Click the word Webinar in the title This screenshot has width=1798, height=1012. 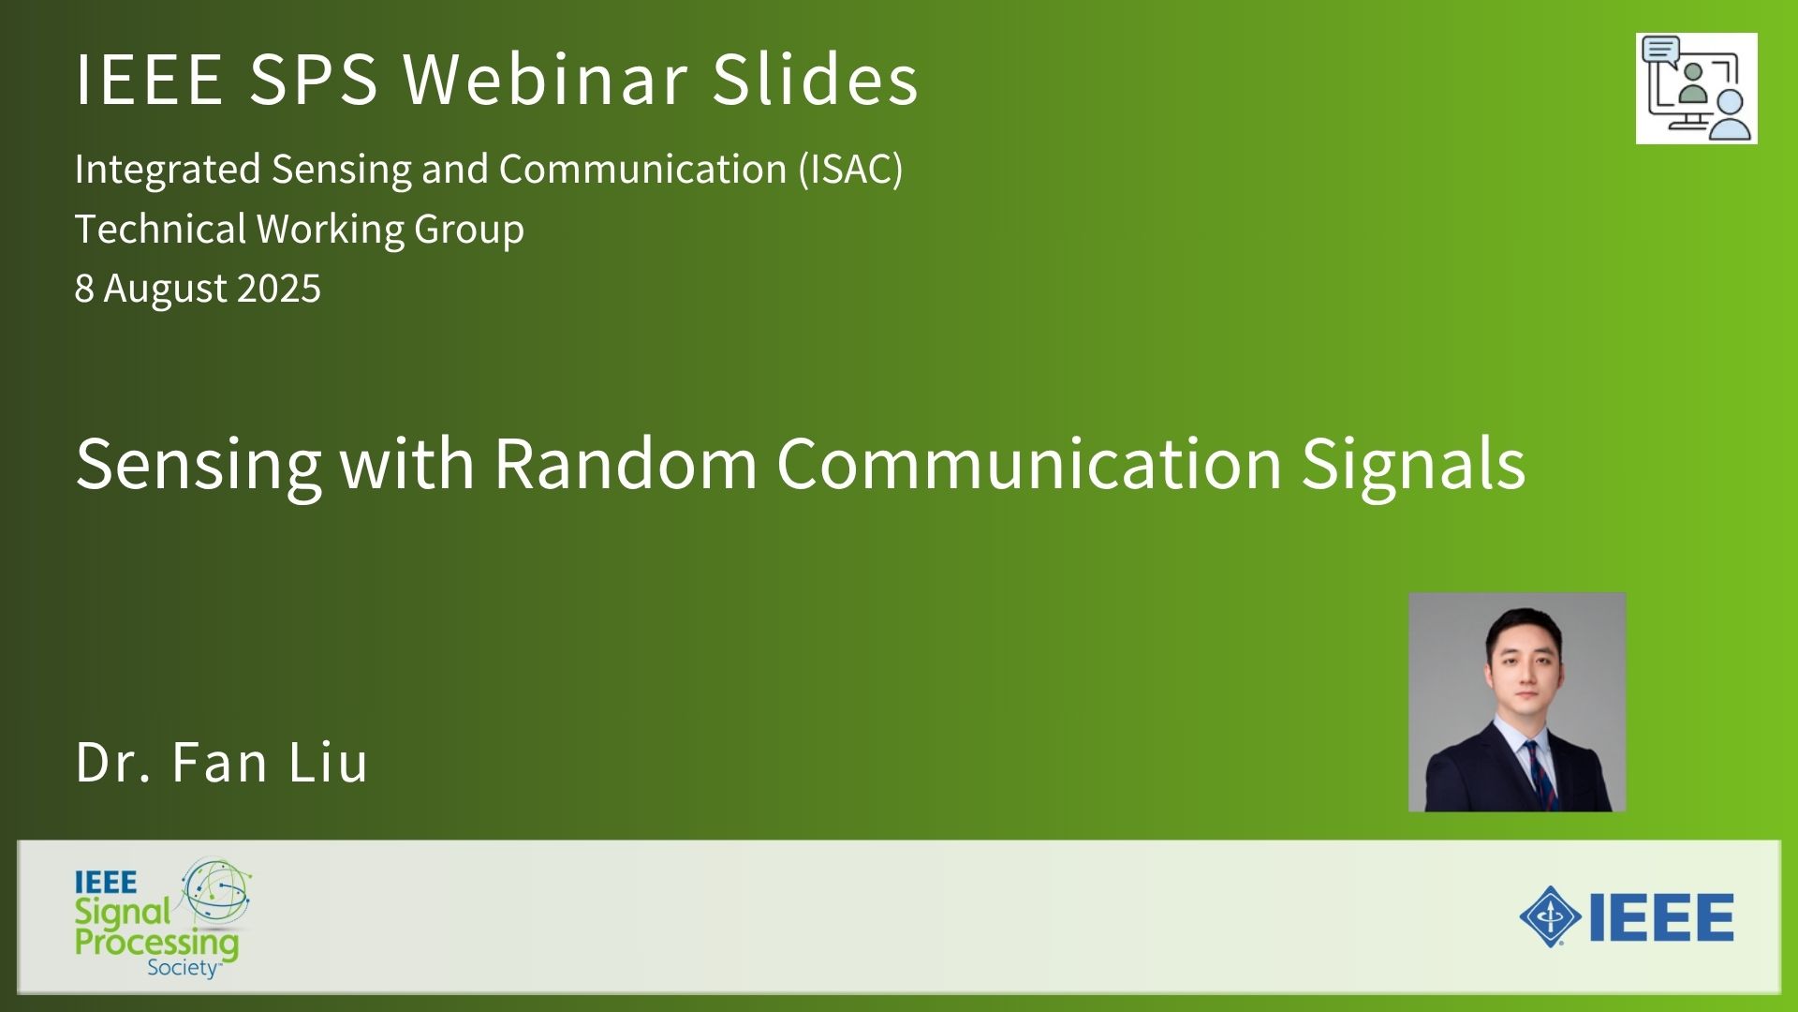coord(546,78)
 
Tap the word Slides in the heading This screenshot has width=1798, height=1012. coord(816,78)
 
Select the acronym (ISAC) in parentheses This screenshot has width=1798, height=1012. coord(851,169)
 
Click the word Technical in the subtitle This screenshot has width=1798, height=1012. coord(160,229)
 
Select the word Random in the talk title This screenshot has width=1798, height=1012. coord(626,463)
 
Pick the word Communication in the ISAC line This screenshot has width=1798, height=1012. coord(642,169)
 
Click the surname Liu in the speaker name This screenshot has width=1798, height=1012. coord(328,762)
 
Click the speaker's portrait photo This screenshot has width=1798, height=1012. coord(1517,702)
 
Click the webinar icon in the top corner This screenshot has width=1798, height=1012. coord(1697,89)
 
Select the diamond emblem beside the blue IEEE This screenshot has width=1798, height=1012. coord(1551,916)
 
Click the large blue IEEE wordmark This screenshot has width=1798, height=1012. coord(1661,917)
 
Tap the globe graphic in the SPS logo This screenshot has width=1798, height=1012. coord(216,893)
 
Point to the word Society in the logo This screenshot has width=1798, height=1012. coord(183,967)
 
